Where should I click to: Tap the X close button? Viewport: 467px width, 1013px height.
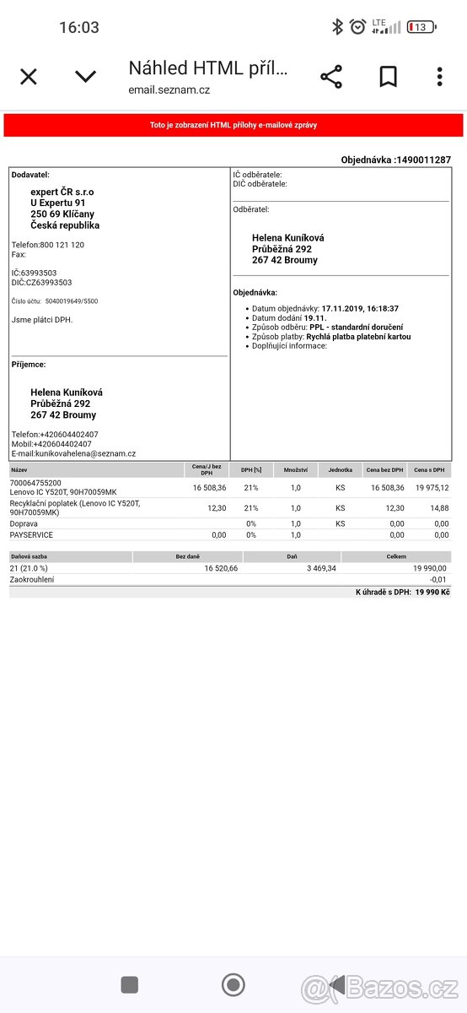pyautogui.click(x=29, y=77)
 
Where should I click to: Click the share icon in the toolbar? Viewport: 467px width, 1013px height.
pyautogui.click(x=331, y=77)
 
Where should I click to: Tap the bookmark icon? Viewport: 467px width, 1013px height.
pyautogui.click(x=388, y=77)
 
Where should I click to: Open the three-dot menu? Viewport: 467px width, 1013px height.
pyautogui.click(x=439, y=77)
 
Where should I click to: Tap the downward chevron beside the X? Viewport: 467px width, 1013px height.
pyautogui.click(x=85, y=77)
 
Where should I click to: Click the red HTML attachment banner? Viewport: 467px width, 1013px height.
pyautogui.click(x=233, y=125)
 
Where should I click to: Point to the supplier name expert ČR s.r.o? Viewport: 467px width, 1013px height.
pyautogui.click(x=62, y=192)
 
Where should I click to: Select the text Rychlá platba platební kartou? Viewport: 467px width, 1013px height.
pyautogui.click(x=359, y=336)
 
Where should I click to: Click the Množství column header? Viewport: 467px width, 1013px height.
pyautogui.click(x=295, y=469)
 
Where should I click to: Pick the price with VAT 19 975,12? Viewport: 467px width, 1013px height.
pyautogui.click(x=432, y=487)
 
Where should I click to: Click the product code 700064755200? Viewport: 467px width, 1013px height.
pyautogui.click(x=35, y=483)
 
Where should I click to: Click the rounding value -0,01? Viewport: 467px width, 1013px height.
pyautogui.click(x=438, y=580)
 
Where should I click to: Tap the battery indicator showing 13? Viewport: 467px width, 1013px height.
pyautogui.click(x=421, y=27)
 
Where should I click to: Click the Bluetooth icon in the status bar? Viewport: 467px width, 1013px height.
pyautogui.click(x=337, y=27)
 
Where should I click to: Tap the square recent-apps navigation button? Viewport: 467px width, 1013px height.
pyautogui.click(x=130, y=984)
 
